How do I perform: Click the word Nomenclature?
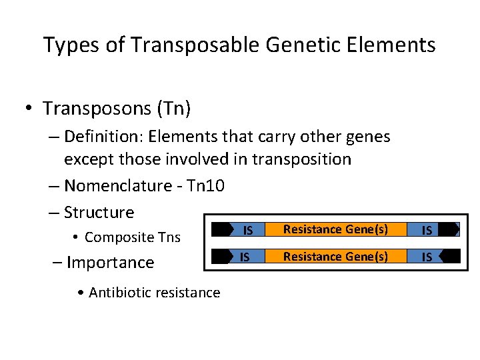pyautogui.click(x=121, y=185)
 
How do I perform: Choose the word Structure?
pyautogui.click(x=99, y=213)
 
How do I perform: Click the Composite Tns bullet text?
pyautogui.click(x=132, y=237)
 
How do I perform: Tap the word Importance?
pyautogui.click(x=110, y=263)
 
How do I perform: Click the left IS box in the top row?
pyautogui.click(x=247, y=230)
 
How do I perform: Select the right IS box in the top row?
pyautogui.click(x=427, y=230)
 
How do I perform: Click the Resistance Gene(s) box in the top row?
pyautogui.click(x=336, y=229)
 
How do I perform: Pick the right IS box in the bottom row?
pyautogui.click(x=427, y=257)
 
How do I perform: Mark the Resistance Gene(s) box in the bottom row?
pyautogui.click(x=336, y=256)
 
